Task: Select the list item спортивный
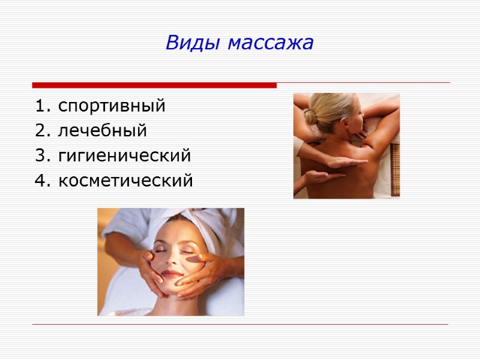coord(112,107)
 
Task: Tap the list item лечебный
coord(103,130)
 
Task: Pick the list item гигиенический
coord(125,156)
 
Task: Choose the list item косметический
coord(126,180)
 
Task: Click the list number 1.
coord(40,107)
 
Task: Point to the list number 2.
coord(40,130)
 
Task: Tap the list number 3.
coord(40,156)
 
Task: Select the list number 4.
coord(40,180)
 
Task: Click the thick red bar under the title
coord(154,85)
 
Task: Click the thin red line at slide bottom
coord(240,325)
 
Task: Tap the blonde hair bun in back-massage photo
coord(310,116)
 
